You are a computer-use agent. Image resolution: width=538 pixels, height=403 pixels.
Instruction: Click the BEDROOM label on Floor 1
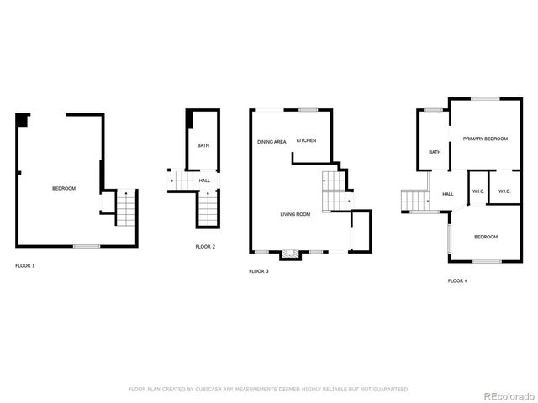pyautogui.click(x=64, y=188)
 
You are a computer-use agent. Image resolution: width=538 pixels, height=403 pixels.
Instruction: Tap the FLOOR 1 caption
pyautogui.click(x=25, y=265)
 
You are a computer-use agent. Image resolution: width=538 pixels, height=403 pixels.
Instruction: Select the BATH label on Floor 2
pyautogui.click(x=203, y=146)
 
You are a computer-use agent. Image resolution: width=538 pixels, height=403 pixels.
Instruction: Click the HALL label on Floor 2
pyautogui.click(x=204, y=181)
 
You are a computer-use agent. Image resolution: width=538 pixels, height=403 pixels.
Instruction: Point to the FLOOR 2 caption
pyautogui.click(x=205, y=246)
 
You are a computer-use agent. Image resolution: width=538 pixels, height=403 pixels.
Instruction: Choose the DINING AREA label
pyautogui.click(x=272, y=141)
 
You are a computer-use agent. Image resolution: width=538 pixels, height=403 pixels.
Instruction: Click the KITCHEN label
pyautogui.click(x=306, y=140)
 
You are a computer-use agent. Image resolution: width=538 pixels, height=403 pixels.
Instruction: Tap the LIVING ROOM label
pyautogui.click(x=295, y=214)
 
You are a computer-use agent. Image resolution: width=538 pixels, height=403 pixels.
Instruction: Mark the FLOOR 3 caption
pyautogui.click(x=259, y=271)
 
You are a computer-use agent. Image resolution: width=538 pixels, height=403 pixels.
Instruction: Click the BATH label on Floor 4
pyautogui.click(x=435, y=152)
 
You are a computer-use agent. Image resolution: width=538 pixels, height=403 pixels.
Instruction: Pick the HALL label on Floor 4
pyautogui.click(x=448, y=194)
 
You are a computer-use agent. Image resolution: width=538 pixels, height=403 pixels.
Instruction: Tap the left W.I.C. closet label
pyautogui.click(x=477, y=191)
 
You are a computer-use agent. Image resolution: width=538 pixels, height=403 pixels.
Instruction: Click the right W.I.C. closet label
pyautogui.click(x=504, y=191)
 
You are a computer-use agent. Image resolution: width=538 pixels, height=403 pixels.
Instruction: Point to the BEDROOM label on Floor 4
pyautogui.click(x=486, y=237)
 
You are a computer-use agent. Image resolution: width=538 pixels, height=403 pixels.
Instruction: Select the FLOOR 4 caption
pyautogui.click(x=457, y=280)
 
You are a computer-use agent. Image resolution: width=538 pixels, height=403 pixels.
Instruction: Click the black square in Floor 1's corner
pyautogui.click(x=21, y=119)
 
